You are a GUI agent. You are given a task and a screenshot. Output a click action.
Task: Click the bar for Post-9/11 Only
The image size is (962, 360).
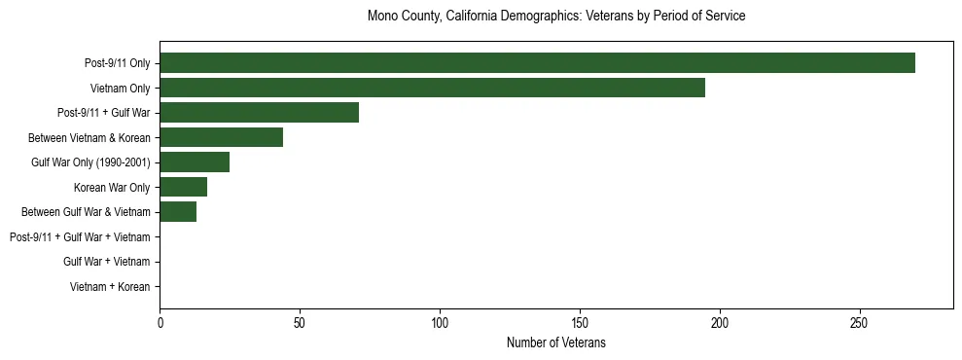tap(537, 63)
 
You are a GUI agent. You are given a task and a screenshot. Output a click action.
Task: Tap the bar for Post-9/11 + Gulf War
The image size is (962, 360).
tap(259, 113)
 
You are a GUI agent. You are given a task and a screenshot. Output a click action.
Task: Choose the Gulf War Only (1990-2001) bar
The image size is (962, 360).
tap(195, 162)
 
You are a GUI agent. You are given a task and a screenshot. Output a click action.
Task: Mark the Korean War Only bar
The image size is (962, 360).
tap(183, 187)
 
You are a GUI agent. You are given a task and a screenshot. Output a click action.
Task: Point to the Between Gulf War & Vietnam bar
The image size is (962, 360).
tap(178, 212)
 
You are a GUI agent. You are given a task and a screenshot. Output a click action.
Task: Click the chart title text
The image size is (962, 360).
tap(556, 17)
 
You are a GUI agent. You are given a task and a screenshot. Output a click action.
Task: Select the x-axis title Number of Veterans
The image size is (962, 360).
tap(556, 343)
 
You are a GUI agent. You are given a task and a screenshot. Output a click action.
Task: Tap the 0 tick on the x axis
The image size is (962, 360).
tap(160, 322)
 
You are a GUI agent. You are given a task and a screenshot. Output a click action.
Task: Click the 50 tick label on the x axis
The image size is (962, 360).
tap(300, 322)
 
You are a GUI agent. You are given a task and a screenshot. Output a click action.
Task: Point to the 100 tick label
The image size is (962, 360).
tap(440, 322)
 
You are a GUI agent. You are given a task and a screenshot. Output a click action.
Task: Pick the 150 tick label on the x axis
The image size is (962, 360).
tap(580, 322)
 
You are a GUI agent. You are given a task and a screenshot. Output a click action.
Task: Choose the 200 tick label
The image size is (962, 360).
tap(720, 322)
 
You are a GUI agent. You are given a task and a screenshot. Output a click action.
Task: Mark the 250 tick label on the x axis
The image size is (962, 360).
tap(859, 322)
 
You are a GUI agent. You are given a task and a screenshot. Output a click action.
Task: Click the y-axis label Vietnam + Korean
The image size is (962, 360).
tap(110, 287)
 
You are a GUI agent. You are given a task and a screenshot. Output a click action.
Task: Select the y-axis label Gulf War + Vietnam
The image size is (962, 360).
tap(106, 262)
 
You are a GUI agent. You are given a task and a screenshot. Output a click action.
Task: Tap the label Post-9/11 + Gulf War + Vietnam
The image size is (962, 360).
tap(80, 237)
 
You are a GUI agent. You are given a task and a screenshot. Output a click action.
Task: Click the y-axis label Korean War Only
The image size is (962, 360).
tap(112, 187)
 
